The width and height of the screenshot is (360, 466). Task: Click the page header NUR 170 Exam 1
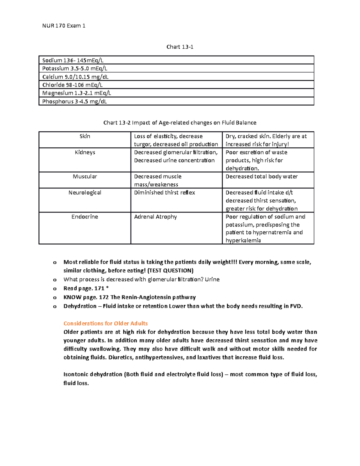(64, 26)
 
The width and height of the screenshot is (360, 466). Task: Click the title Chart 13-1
(180, 47)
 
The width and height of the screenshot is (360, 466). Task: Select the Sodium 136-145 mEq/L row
(73, 60)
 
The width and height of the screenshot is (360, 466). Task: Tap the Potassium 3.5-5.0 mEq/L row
(74, 68)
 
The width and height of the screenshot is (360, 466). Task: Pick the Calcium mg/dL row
(75, 77)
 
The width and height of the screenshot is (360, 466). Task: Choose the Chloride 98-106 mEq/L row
(72, 85)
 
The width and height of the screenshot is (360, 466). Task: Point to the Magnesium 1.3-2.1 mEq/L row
(76, 93)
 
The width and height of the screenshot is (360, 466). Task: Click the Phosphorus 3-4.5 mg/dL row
(74, 101)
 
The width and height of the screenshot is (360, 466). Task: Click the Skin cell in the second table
(85, 137)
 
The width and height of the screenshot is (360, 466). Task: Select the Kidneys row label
(85, 152)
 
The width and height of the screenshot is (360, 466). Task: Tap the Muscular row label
(85, 176)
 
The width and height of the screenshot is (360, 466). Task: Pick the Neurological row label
(85, 193)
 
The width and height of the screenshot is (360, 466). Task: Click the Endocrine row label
(85, 217)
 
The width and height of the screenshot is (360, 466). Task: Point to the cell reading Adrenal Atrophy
(155, 217)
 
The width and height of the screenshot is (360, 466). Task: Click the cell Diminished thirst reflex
(164, 193)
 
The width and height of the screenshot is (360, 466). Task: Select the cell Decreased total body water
(262, 176)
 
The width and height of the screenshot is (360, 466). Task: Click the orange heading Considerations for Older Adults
(106, 323)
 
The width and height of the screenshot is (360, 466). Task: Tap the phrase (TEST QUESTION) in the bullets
(170, 271)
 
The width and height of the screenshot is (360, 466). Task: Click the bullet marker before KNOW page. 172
(55, 298)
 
